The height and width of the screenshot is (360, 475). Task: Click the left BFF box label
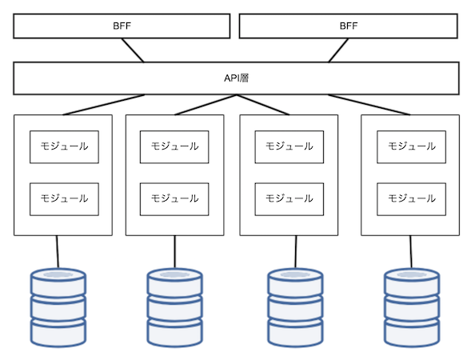[x=122, y=26]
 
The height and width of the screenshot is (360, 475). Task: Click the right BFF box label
[x=349, y=26]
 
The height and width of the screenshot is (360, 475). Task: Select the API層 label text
[x=236, y=78]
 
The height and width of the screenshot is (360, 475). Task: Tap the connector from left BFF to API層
[x=133, y=50]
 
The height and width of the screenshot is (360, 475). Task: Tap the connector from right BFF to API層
[x=338, y=50]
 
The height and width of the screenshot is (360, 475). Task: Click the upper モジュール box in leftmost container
[x=64, y=147]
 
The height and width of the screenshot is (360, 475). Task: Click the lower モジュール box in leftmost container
[x=64, y=199]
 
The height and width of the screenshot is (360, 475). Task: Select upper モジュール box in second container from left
[x=174, y=147]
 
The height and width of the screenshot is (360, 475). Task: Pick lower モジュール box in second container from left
[x=174, y=199]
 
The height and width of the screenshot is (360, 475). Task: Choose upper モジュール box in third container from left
[x=289, y=147]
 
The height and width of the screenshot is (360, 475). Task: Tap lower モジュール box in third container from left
[x=289, y=199]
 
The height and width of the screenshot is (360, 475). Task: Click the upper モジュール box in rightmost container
[x=411, y=147]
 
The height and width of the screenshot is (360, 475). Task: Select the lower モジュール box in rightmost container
[x=411, y=199]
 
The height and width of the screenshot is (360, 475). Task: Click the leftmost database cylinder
[x=58, y=307]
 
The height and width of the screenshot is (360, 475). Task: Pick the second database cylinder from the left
[x=175, y=307]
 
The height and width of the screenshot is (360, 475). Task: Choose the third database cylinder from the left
[x=295, y=307]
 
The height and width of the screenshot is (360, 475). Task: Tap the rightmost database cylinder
[x=412, y=307]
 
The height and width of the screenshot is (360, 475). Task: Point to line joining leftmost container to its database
[x=58, y=252]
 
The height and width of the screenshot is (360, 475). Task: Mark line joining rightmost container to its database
[x=411, y=252]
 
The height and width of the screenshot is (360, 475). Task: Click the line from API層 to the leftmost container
[x=104, y=105]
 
